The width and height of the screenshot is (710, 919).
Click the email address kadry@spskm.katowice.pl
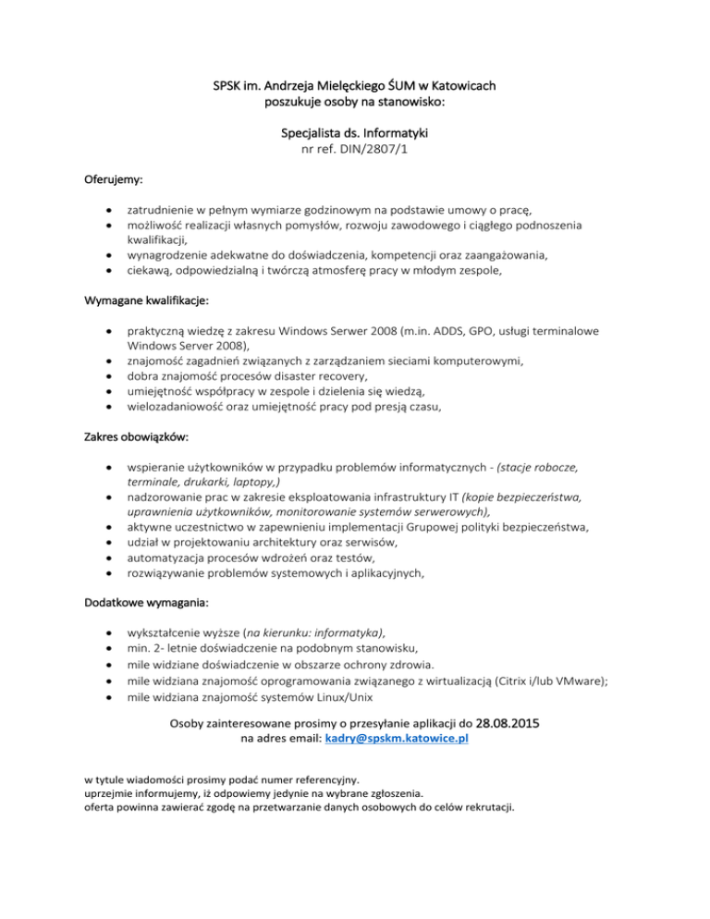pos(397,740)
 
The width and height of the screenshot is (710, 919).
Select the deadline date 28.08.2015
pos(510,721)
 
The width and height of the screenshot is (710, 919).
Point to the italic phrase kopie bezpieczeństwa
pos(515,497)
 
